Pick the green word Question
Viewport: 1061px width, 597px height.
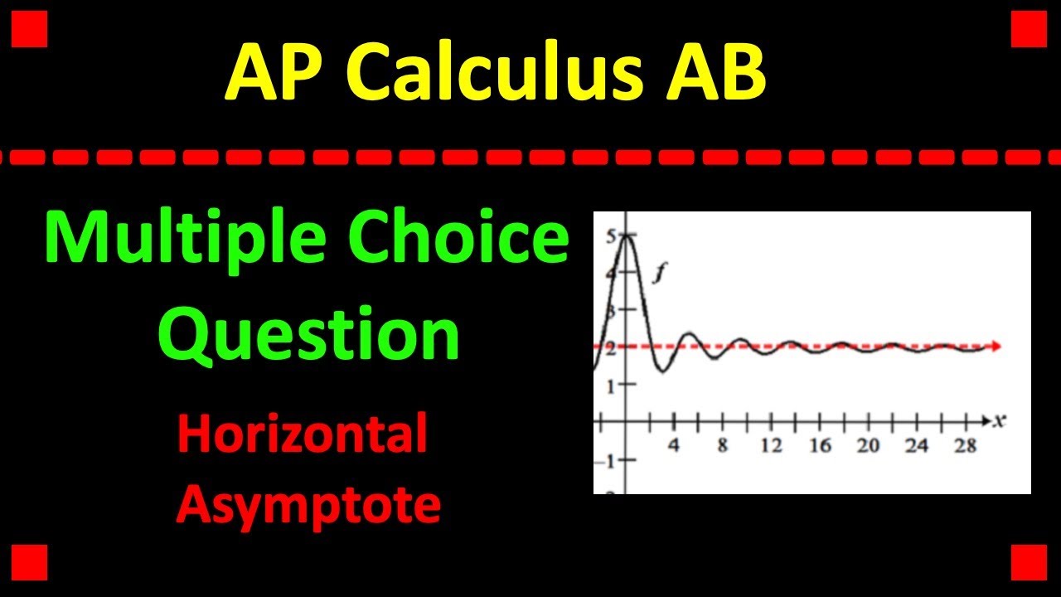point(309,335)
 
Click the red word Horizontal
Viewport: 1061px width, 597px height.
point(303,434)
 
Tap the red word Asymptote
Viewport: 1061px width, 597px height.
point(308,504)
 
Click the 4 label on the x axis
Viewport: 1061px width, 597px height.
point(674,446)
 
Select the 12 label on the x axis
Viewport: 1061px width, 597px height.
point(771,446)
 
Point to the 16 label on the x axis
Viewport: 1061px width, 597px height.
point(820,446)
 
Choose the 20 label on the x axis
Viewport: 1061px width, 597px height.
point(868,446)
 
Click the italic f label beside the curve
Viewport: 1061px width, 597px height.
point(661,274)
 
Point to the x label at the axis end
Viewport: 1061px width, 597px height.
point(1000,421)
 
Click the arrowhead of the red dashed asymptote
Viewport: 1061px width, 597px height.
point(996,347)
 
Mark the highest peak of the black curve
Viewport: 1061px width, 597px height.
point(626,236)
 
